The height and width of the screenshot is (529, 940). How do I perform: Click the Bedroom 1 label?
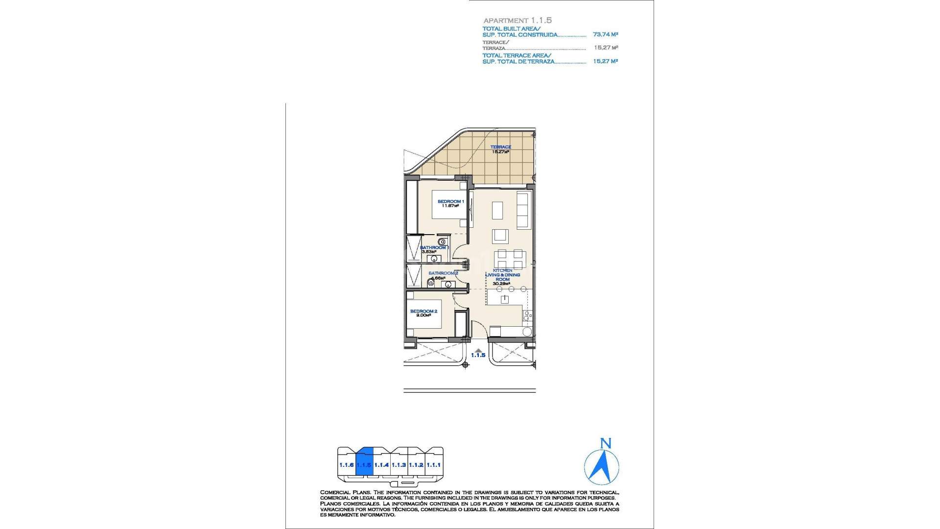(450, 202)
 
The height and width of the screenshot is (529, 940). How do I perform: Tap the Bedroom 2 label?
(423, 311)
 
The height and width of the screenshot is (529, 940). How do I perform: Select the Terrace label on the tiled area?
(501, 147)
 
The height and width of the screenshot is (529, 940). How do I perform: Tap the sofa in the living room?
(523, 210)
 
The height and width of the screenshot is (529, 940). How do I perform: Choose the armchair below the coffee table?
(500, 236)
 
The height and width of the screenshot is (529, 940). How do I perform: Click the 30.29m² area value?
(501, 284)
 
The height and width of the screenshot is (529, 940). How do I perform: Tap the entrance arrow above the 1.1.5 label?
(478, 351)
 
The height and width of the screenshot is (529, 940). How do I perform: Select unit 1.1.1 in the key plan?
(434, 465)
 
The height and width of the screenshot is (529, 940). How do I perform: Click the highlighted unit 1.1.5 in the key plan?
(364, 465)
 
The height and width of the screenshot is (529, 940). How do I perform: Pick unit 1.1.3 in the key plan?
(399, 465)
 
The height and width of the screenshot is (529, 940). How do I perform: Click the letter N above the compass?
(606, 443)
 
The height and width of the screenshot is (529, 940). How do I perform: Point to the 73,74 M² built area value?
(605, 35)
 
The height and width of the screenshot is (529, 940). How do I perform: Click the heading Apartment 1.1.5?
(517, 21)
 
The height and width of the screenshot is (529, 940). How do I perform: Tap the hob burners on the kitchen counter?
(526, 316)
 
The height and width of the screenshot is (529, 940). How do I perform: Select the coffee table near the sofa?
(497, 210)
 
